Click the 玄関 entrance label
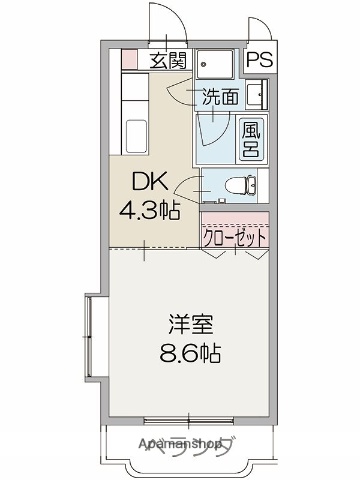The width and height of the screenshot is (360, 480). pyautogui.click(x=169, y=60)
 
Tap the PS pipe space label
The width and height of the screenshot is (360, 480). pyautogui.click(x=259, y=60)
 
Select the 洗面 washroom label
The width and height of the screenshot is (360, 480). pyautogui.click(x=221, y=97)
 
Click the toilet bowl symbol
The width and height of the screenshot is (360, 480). pyautogui.click(x=240, y=185)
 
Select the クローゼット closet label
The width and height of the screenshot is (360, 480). pyautogui.click(x=235, y=238)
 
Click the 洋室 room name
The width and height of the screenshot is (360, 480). pyautogui.click(x=187, y=325)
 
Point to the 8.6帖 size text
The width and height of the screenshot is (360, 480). pyautogui.click(x=189, y=354)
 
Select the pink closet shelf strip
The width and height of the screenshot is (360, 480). pyautogui.click(x=236, y=217)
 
